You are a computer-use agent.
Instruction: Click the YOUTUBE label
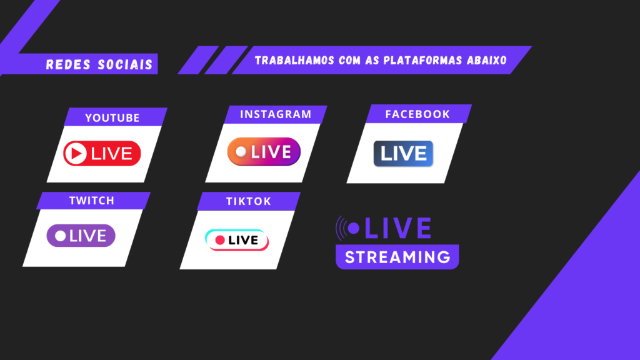[112, 118]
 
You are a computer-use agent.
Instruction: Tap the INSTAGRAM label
[276, 114]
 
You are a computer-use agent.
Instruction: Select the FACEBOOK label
[417, 114]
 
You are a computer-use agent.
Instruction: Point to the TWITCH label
[92, 201]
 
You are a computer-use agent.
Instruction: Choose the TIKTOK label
[249, 201]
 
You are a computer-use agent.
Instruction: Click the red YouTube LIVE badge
[102, 154]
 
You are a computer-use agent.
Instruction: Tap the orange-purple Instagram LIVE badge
[264, 152]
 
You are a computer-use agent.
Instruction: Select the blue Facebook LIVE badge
[403, 154]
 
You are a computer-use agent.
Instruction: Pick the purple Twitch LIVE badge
[81, 236]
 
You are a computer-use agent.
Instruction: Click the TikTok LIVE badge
[237, 240]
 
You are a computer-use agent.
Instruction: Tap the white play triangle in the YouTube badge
[76, 154]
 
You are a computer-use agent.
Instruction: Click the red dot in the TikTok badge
[220, 240]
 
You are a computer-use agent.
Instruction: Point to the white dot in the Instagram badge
[241, 152]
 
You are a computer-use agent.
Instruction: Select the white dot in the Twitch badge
[61, 236]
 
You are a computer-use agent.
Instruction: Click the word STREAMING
[397, 257]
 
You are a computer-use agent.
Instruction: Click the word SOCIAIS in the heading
[125, 64]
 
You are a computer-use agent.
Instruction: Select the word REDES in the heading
[68, 64]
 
